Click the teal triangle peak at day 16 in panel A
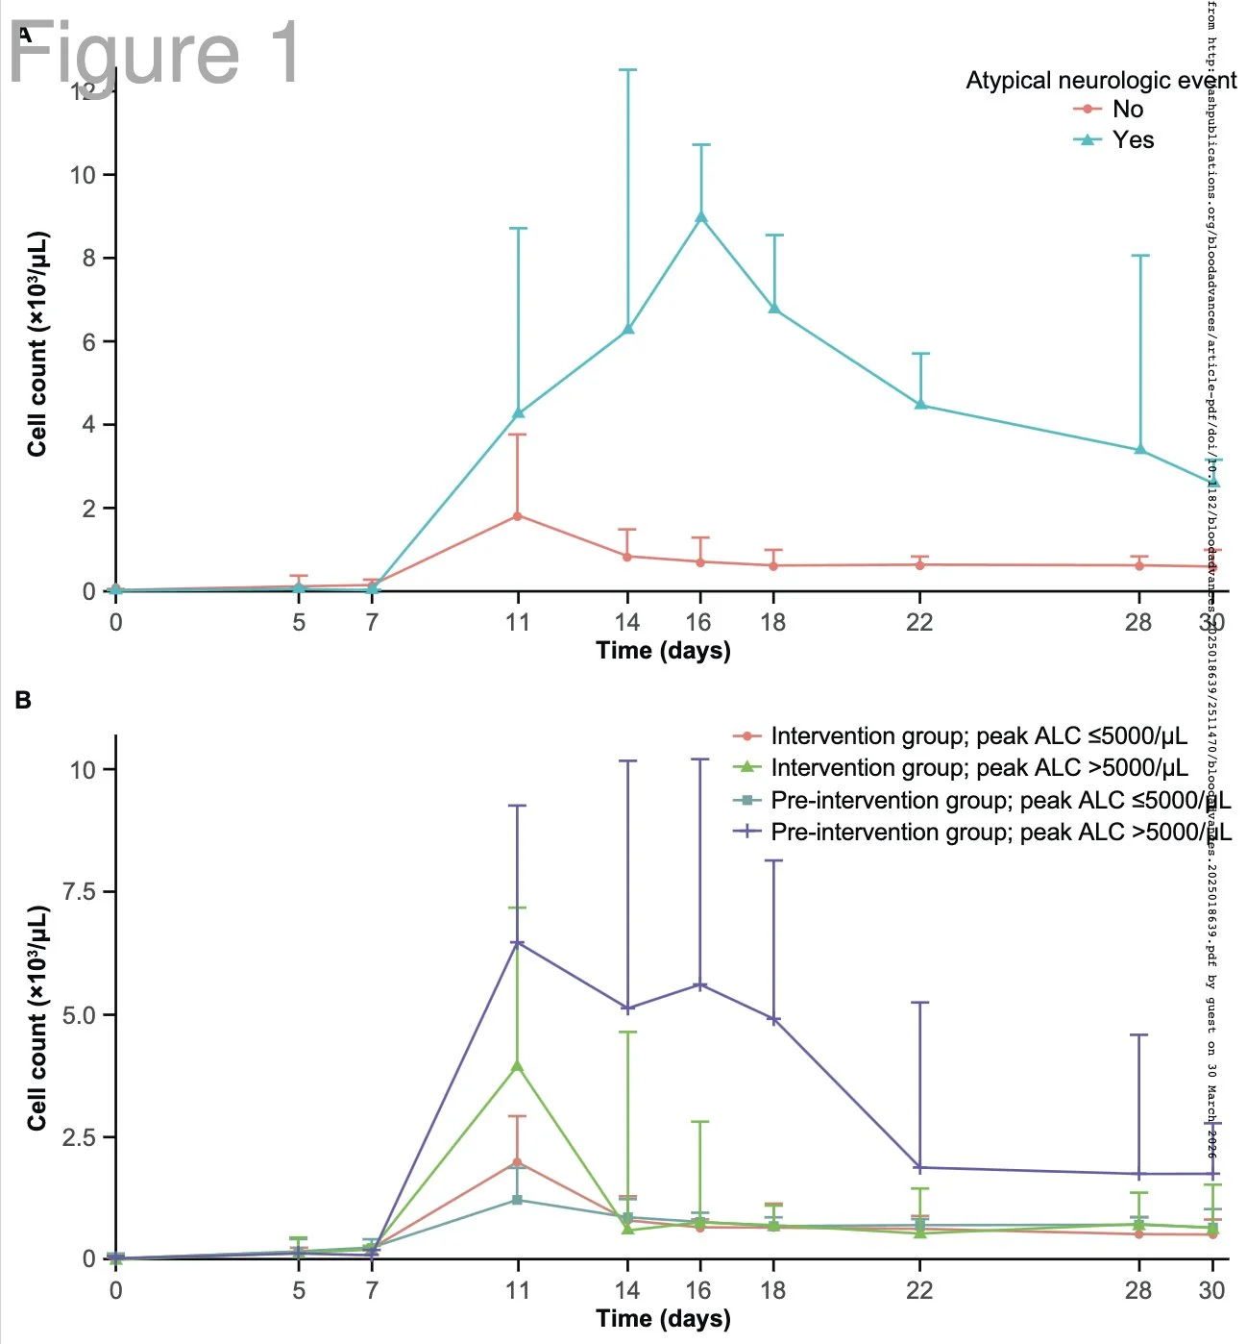[x=701, y=217]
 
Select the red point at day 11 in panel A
[x=518, y=516]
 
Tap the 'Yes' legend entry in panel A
[x=1133, y=140]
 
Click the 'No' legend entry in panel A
[x=1127, y=110]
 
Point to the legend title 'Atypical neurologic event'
[x=1101, y=81]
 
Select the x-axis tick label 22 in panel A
[x=919, y=622]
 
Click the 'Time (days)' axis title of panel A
[x=663, y=651]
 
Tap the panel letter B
[x=23, y=701]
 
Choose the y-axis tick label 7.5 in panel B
[x=80, y=892]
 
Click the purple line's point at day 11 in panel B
[x=518, y=943]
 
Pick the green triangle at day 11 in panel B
[x=518, y=1065]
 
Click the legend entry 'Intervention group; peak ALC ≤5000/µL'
[x=978, y=736]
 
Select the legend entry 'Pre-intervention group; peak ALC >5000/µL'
[x=1000, y=832]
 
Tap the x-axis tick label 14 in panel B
[x=627, y=1290]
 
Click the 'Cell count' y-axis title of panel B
[x=37, y=1017]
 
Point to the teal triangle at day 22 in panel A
[x=920, y=405]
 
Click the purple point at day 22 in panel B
[x=920, y=1168]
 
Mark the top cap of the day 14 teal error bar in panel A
[x=628, y=70]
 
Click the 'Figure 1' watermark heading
[x=154, y=53]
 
